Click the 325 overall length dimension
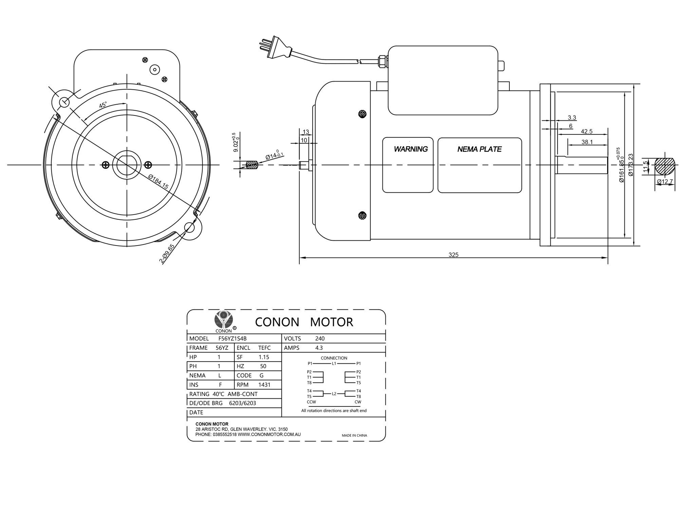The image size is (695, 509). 453,255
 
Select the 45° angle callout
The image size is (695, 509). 103,105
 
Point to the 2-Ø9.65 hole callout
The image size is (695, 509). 167,254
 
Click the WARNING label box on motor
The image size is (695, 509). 408,165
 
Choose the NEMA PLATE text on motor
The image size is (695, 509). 479,149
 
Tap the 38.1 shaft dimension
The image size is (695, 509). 587,142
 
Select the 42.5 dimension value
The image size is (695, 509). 586,131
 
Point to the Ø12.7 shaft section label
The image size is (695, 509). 664,182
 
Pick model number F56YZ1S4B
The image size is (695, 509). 232,339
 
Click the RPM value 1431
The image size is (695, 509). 264,385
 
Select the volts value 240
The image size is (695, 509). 320,339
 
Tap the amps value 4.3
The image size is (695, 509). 319,348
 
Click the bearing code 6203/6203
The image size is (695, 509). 242,403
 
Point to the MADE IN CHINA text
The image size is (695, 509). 354,435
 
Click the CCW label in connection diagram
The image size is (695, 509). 311,402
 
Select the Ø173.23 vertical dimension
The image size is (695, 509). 631,165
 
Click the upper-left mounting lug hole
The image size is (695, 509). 64,102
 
